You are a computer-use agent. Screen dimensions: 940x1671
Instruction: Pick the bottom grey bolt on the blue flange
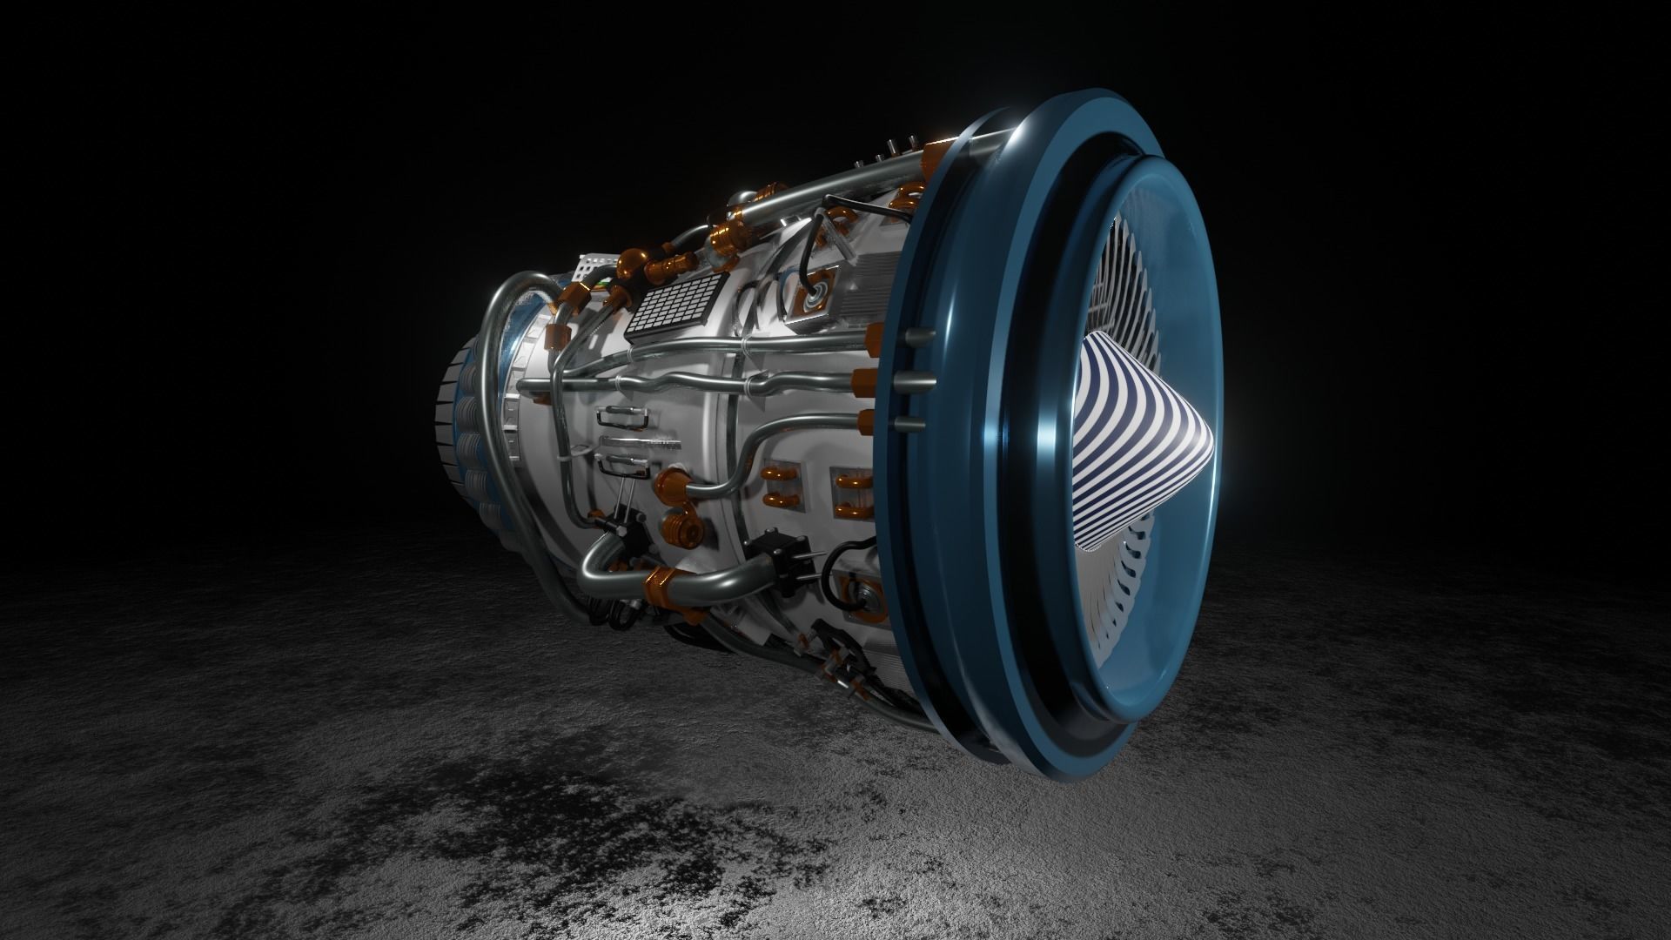click(x=910, y=425)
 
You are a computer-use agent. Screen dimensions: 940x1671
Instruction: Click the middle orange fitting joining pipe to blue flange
click(x=867, y=380)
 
